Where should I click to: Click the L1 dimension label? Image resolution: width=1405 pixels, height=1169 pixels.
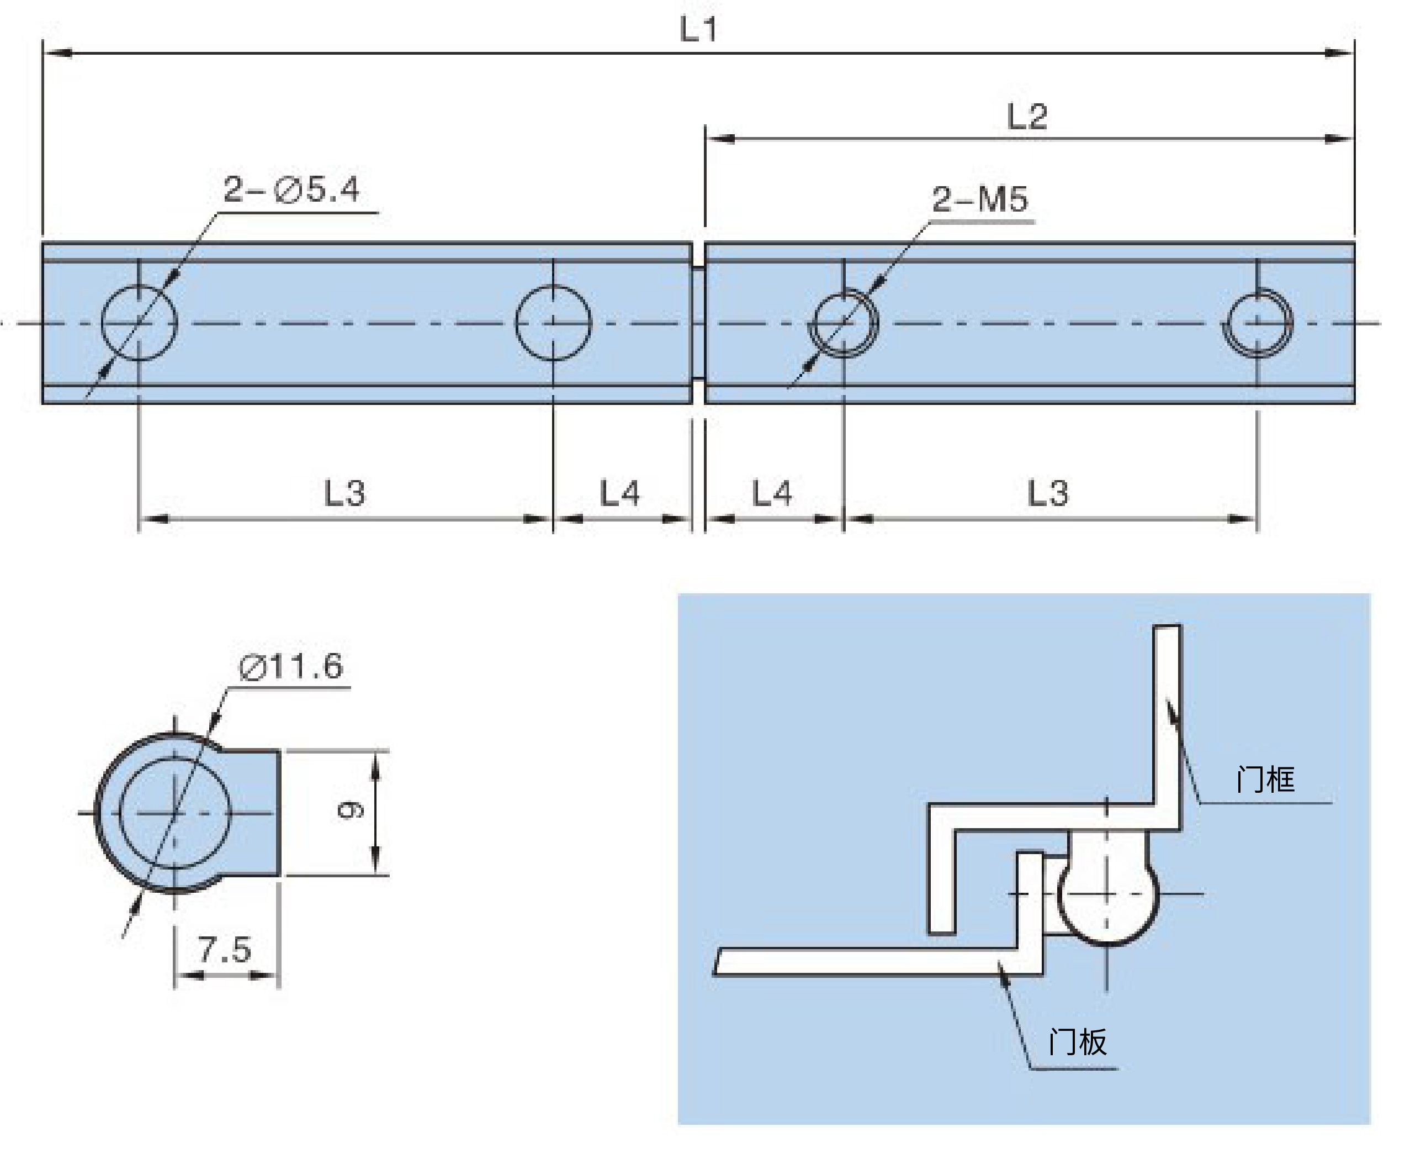(698, 29)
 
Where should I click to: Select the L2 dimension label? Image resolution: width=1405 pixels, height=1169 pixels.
(1027, 117)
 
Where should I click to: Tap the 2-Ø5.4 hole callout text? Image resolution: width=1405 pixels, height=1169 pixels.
(291, 189)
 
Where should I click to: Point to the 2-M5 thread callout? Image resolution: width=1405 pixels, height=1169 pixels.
(979, 199)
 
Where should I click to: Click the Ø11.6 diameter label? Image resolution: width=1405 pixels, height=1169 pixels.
(291, 666)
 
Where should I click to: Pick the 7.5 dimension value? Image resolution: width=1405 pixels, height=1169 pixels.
(224, 949)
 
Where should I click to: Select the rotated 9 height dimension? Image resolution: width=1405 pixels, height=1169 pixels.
(350, 811)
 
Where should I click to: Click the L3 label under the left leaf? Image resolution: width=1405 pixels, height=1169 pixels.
(344, 493)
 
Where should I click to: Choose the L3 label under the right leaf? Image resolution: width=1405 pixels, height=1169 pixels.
(1048, 493)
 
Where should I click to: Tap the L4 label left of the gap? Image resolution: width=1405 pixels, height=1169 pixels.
(619, 493)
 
